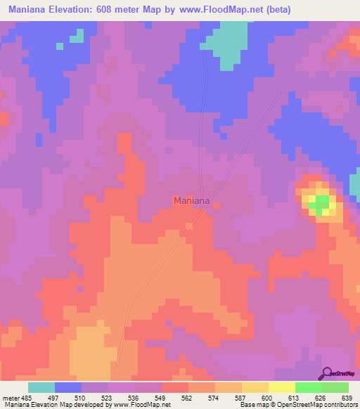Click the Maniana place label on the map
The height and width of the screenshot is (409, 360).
pos(191,201)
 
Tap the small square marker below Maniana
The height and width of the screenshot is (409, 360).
pos(188,226)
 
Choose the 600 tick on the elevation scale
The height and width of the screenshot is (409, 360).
pos(268,397)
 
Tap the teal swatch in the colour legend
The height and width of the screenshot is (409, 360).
pos(41,387)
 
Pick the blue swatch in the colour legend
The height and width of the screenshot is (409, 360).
pos(68,387)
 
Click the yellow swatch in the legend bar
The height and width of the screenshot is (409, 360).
pos(282,387)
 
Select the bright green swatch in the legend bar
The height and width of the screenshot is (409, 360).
pos(309,387)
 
